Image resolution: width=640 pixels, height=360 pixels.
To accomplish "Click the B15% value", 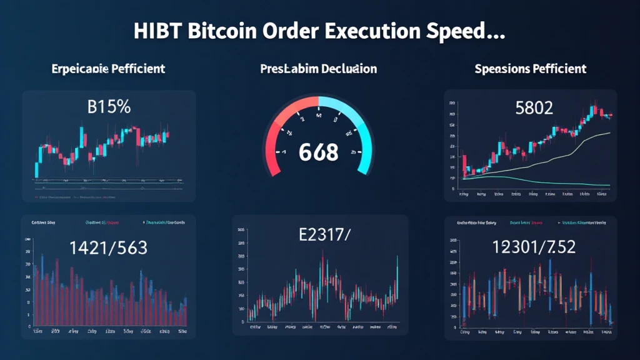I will tap(109, 107).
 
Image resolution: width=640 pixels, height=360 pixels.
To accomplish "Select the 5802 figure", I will tap(534, 108).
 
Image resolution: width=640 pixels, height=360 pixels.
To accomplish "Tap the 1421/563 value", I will tap(109, 248).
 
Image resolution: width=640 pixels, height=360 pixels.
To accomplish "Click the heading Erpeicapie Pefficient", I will tap(108, 68).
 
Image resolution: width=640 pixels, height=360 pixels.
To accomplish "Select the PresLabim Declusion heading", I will tap(318, 68).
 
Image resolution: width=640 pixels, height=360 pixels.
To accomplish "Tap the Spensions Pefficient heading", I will tap(530, 68).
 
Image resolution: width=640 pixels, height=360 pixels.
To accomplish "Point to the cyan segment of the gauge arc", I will tap(359, 122).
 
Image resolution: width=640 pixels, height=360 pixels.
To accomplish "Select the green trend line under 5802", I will tap(562, 182).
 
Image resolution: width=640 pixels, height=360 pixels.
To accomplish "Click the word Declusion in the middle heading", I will tap(349, 68).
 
